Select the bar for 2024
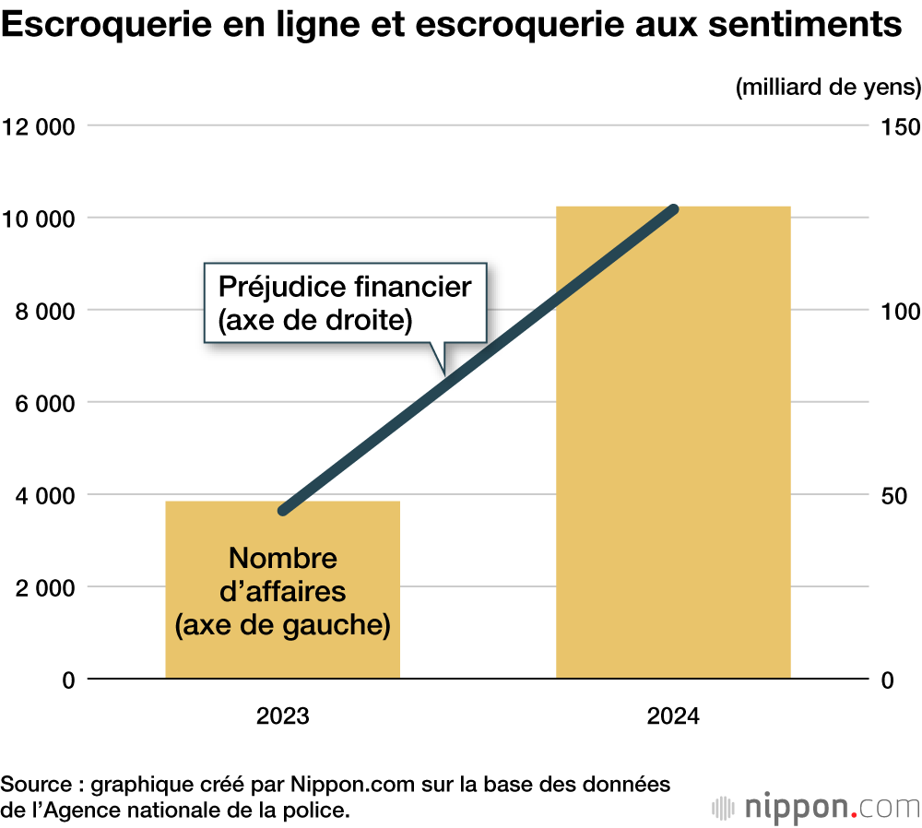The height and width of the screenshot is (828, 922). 673,443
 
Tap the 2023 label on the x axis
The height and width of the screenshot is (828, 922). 283,716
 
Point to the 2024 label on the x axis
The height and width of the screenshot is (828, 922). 673,716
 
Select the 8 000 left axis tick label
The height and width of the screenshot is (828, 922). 42,311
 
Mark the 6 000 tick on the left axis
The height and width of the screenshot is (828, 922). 42,403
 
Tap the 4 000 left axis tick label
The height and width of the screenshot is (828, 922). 42,495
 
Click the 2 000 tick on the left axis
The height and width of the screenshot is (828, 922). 42,587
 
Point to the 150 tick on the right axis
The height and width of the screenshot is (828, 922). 901,126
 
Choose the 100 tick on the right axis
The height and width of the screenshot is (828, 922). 901,311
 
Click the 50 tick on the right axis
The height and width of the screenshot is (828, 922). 895,495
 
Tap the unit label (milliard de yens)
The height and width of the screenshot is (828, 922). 828,88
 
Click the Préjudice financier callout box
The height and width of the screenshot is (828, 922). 344,303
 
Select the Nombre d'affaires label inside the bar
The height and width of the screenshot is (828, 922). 283,591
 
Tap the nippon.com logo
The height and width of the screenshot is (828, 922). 816,806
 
